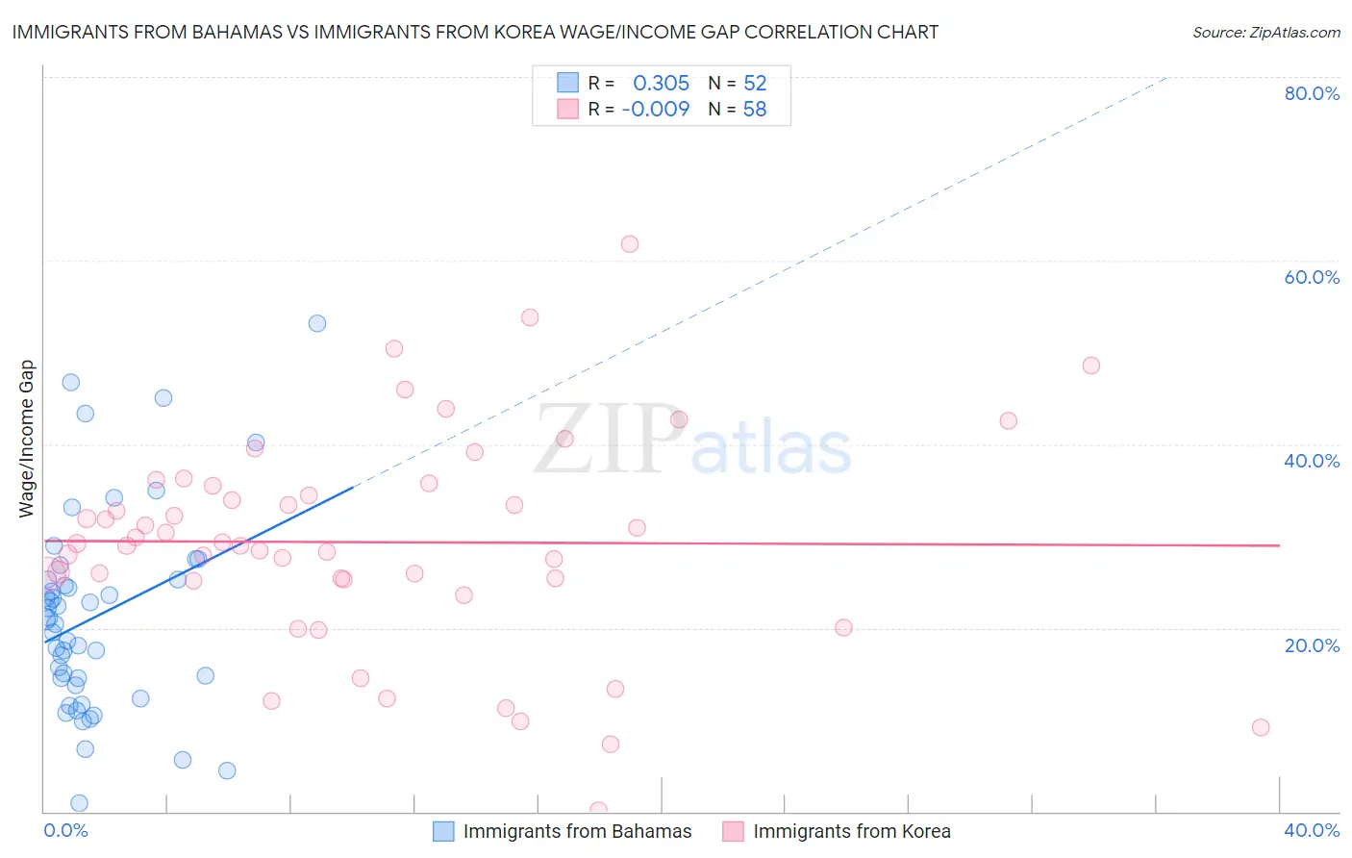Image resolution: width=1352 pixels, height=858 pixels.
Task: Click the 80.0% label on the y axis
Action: tap(1312, 93)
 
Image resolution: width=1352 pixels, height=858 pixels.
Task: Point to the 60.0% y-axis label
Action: tap(1312, 277)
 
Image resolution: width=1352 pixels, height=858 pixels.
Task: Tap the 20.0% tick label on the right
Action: tap(1312, 645)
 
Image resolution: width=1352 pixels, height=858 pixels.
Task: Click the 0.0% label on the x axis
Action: tap(65, 830)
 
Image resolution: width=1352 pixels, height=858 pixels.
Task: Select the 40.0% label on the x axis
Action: tap(1312, 830)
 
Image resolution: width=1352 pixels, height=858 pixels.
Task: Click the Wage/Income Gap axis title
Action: tap(27, 439)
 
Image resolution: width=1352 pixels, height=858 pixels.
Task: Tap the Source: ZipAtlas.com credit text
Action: tap(1265, 32)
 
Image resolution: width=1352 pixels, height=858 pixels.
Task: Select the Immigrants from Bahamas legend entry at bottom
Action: tap(563, 831)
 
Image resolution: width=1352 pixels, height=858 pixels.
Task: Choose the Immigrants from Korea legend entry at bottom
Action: tap(837, 831)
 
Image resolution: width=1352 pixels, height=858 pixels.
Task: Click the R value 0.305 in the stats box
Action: tap(661, 84)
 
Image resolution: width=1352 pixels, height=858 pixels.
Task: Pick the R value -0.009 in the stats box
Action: tap(656, 110)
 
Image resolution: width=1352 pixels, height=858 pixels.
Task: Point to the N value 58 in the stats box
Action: tap(755, 110)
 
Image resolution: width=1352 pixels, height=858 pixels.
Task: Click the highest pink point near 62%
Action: tap(630, 244)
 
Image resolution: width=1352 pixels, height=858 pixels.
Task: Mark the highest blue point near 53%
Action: tap(317, 323)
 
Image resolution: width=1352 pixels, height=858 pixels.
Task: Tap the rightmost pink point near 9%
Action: tap(1261, 727)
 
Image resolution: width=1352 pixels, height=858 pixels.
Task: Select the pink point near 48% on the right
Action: tap(1090, 366)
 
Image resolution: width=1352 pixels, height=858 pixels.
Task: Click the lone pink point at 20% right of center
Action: tap(843, 628)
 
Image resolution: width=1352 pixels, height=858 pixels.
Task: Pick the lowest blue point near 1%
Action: tap(80, 803)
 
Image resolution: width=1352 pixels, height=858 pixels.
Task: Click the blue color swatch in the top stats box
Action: tap(568, 83)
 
